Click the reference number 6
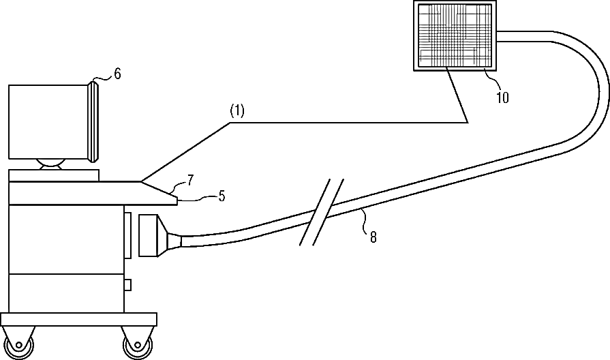click(117, 74)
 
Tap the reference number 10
click(502, 97)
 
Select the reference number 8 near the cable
click(373, 237)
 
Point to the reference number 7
click(191, 179)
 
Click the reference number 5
click(222, 196)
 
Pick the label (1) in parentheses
click(236, 111)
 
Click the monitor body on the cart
click(48, 121)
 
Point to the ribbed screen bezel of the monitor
click(95, 121)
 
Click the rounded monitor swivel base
click(52, 163)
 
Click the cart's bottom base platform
click(78, 318)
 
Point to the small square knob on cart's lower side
click(127, 284)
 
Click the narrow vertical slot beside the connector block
click(127, 235)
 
